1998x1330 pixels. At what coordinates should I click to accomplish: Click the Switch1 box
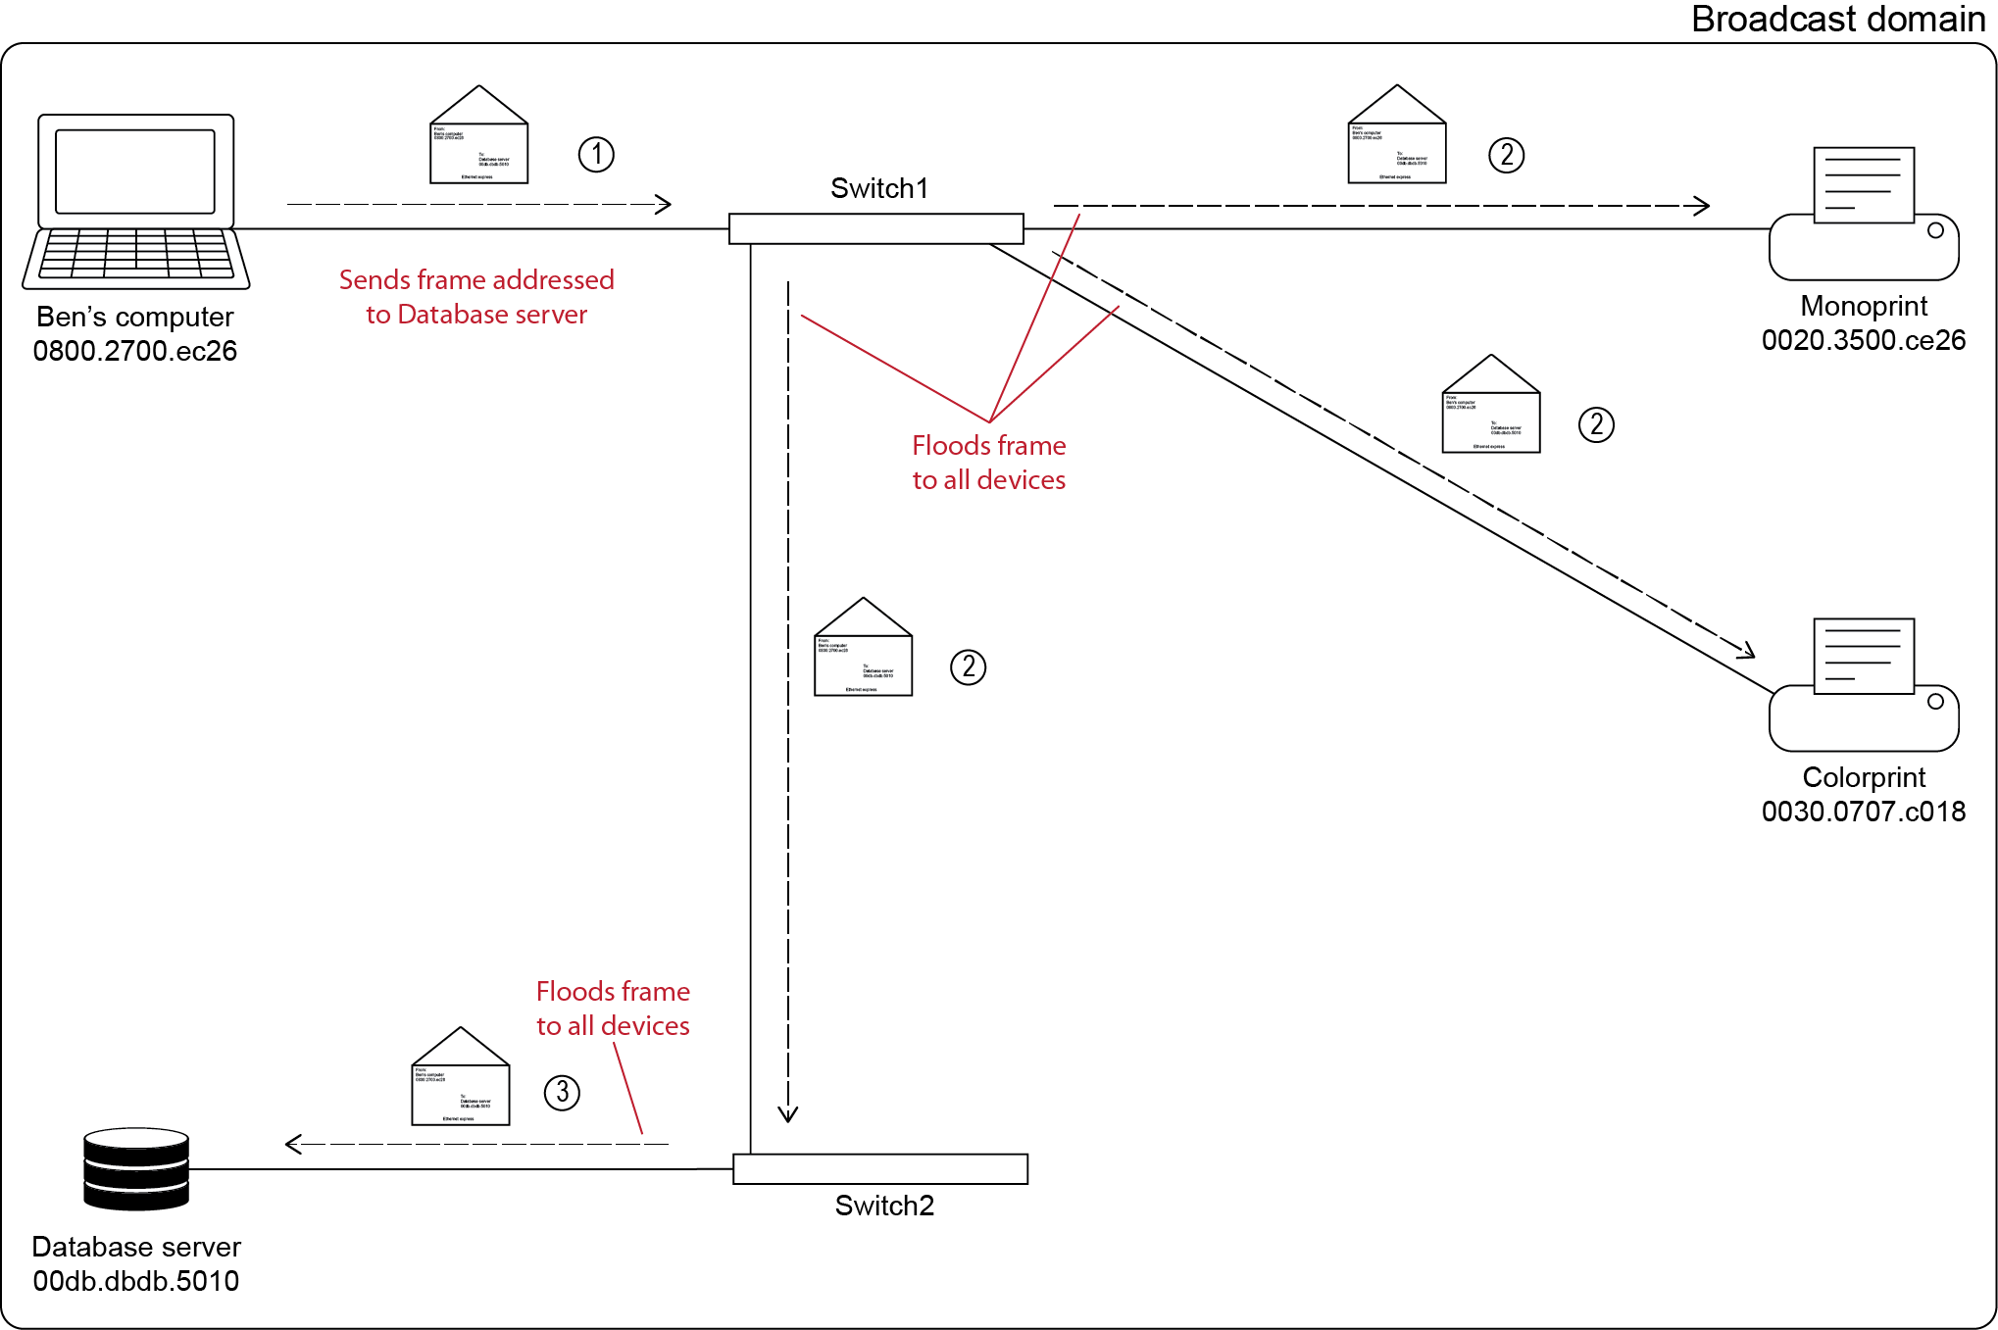875,228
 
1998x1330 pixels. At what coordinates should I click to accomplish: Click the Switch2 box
879,1168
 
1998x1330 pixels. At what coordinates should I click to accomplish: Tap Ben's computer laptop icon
136,201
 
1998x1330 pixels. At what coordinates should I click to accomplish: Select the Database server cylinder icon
136,1168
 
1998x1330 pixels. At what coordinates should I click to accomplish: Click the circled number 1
596,154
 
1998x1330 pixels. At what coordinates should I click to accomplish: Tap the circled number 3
562,1092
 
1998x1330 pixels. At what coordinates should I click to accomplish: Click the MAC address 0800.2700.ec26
135,351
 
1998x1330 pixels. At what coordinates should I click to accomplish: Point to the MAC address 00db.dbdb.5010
135,1281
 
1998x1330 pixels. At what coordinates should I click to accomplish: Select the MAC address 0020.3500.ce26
1863,340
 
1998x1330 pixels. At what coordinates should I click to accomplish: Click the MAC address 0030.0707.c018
1863,812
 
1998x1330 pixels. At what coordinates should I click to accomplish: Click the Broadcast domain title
1837,20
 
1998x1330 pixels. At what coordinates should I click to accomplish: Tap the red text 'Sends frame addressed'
476,280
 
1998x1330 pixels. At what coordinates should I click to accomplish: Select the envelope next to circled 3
461,1077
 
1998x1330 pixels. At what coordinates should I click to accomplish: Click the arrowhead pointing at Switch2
788,1114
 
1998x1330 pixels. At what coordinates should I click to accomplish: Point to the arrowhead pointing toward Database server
292,1144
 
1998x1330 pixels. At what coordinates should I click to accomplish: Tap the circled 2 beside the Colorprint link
1596,424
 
